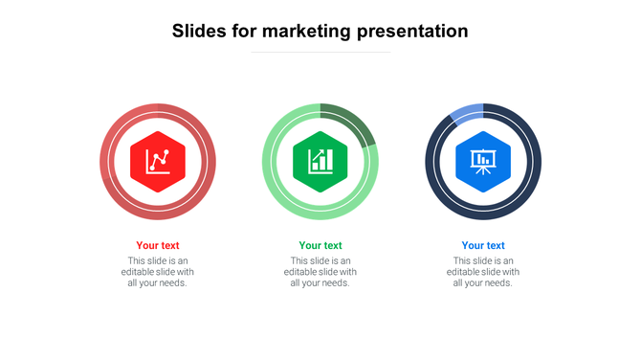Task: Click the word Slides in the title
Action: (198, 31)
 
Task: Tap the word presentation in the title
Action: (412, 32)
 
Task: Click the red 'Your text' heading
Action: (158, 245)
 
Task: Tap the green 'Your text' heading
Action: (320, 245)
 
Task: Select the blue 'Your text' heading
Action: (483, 245)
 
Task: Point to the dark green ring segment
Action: (353, 121)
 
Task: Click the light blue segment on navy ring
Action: (466, 114)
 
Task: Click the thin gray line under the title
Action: (320, 52)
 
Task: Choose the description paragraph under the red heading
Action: (158, 272)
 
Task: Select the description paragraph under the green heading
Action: (320, 272)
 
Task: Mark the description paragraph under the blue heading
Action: (483, 272)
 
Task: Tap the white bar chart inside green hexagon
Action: (320, 160)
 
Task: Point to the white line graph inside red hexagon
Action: (158, 161)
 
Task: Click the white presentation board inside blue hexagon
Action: (483, 160)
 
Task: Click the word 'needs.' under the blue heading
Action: (498, 283)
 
